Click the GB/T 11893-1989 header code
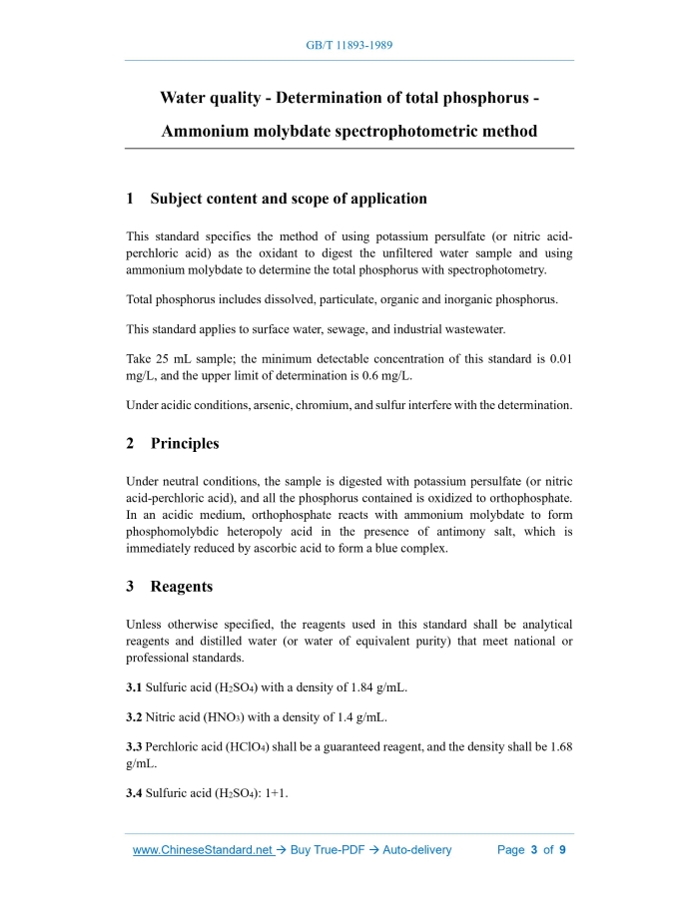(x=349, y=46)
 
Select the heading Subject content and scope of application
(x=289, y=199)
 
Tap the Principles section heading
(x=185, y=443)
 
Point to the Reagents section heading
(x=182, y=587)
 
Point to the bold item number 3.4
(x=135, y=793)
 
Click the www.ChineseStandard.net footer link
(x=203, y=850)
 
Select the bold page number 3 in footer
(x=534, y=850)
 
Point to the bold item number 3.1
(x=135, y=687)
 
